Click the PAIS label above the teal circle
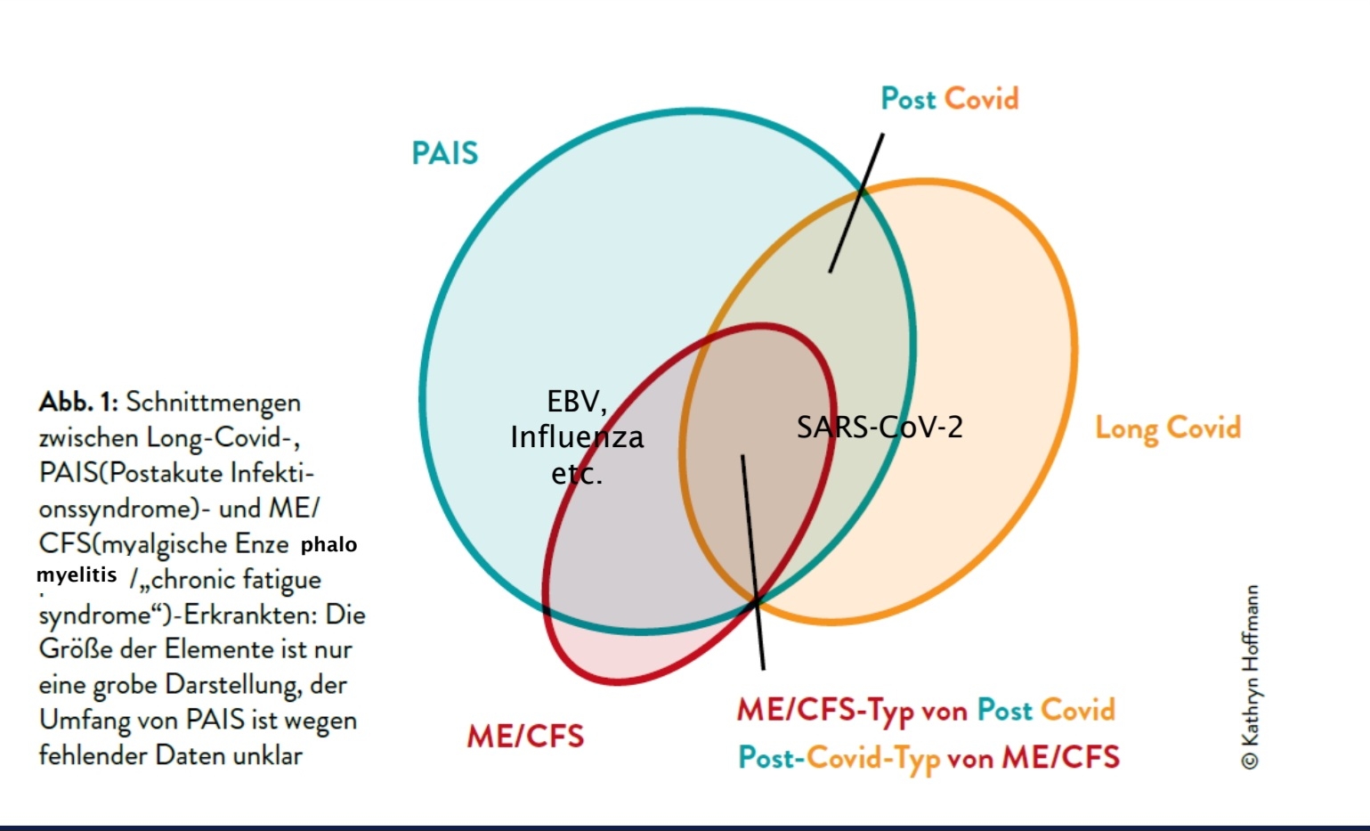[x=444, y=153]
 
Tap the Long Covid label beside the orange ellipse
[x=1167, y=428]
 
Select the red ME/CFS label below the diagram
[x=525, y=737]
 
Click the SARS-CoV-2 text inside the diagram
[x=880, y=428]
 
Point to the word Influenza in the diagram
[x=577, y=437]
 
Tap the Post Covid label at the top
[x=949, y=99]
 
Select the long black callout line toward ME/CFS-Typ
[x=753, y=561]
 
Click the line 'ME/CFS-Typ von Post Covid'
[x=926, y=710]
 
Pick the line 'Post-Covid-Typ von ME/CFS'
[x=928, y=757]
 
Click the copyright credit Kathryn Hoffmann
[x=1250, y=676]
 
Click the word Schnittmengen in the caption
[x=213, y=402]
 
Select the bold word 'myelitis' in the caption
[x=77, y=575]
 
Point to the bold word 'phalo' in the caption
[x=328, y=544]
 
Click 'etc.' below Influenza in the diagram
[x=577, y=474]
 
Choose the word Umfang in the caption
[x=84, y=720]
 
